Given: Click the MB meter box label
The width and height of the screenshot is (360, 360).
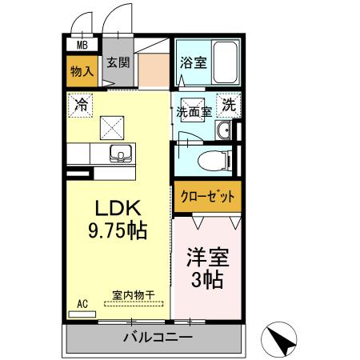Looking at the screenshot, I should pyautogui.click(x=82, y=46).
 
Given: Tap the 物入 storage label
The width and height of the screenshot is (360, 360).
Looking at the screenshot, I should pyautogui.click(x=82, y=71).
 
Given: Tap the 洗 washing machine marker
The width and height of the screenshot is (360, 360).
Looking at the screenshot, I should pyautogui.click(x=229, y=104).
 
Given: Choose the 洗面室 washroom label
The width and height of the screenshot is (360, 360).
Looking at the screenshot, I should pyautogui.click(x=194, y=113).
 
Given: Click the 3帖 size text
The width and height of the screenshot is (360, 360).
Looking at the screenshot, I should pyautogui.click(x=207, y=281).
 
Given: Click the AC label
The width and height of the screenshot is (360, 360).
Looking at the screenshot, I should pyautogui.click(x=82, y=304).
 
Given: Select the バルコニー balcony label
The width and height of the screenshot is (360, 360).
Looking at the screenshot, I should pyautogui.click(x=157, y=338).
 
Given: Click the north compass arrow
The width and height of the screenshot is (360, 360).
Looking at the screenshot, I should pyautogui.click(x=283, y=339).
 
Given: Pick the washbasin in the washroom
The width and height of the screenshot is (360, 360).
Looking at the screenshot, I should pyautogui.click(x=225, y=132).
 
